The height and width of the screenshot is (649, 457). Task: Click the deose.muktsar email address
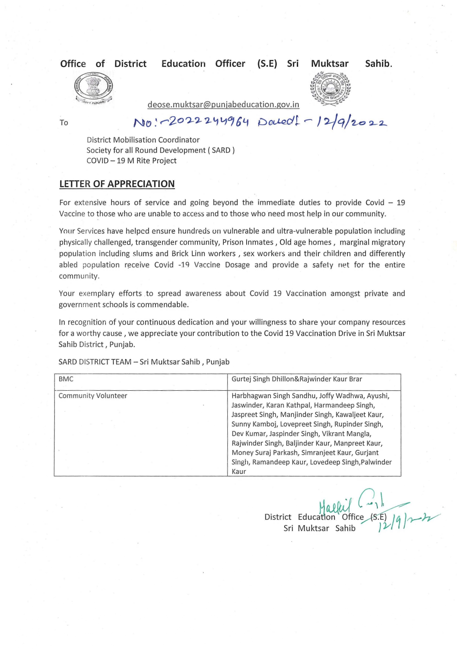pyautogui.click(x=223, y=105)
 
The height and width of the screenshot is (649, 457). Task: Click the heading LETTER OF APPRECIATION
pyautogui.click(x=117, y=184)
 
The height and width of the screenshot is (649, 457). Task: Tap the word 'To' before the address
pyautogui.click(x=64, y=123)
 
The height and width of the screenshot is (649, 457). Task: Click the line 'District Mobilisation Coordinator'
pyautogui.click(x=143, y=140)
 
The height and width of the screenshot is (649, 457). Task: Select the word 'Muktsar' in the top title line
pyautogui.click(x=329, y=64)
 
